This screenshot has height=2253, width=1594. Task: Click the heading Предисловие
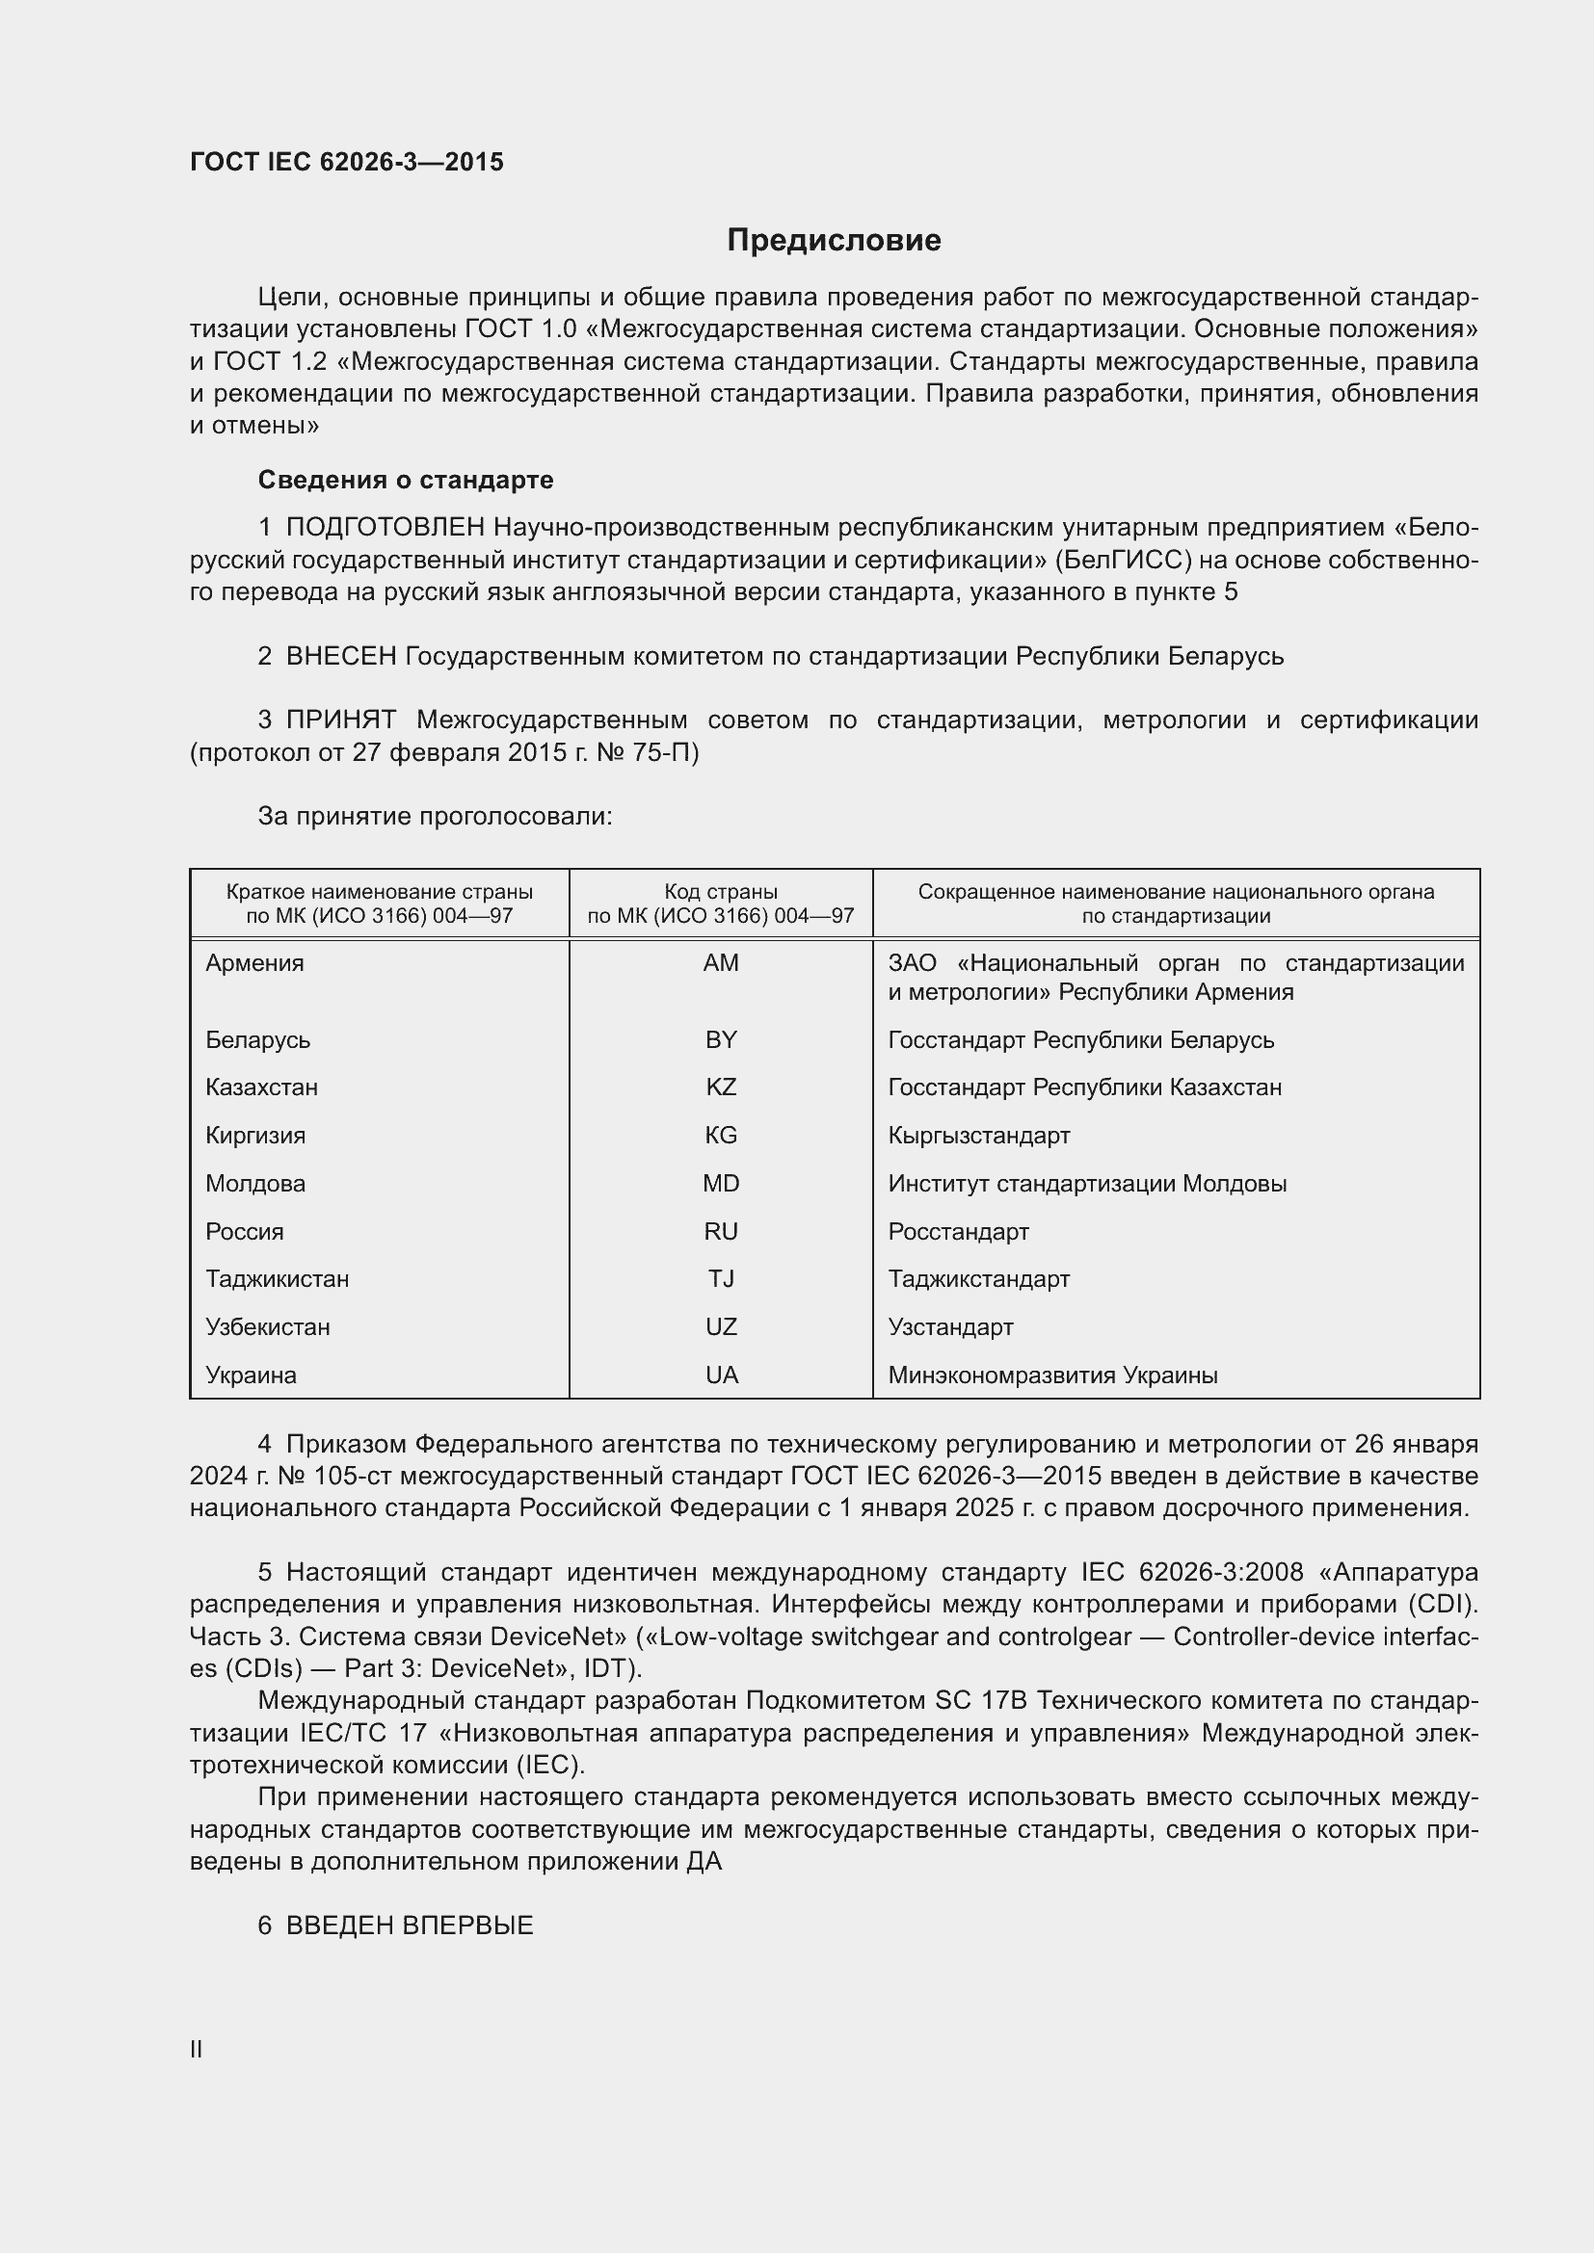point(834,241)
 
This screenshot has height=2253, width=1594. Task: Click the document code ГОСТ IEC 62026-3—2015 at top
point(347,162)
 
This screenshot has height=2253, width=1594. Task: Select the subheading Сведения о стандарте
point(406,480)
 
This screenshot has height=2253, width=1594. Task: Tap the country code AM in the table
point(721,962)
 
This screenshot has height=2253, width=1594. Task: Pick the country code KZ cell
point(721,1087)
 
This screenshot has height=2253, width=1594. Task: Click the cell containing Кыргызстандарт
point(978,1136)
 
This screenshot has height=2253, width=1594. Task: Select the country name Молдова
point(255,1184)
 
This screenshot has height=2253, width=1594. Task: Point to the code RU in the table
point(721,1232)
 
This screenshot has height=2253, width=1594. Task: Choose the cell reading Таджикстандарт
point(978,1278)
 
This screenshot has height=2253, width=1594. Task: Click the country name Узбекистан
point(267,1326)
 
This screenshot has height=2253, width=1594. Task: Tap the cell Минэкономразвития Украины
point(1052,1375)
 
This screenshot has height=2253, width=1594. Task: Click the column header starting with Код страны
point(721,904)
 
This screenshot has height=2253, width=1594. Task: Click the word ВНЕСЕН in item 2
point(340,657)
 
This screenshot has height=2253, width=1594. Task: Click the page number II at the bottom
point(197,2050)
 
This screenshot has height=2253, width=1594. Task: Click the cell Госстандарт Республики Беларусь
point(1080,1039)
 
